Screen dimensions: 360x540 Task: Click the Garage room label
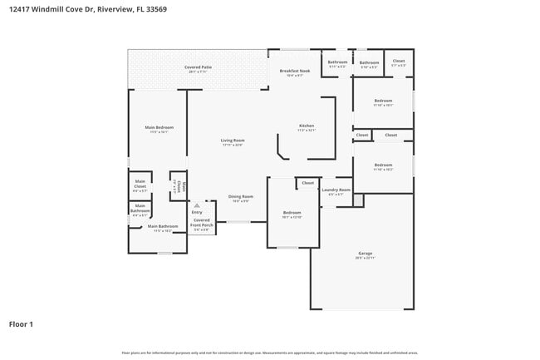click(365, 253)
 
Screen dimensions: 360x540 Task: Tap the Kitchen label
click(307, 126)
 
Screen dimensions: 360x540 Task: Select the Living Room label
click(232, 141)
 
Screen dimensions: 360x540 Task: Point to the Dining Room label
click(240, 196)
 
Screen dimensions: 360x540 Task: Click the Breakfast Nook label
click(295, 72)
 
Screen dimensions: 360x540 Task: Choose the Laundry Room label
click(336, 190)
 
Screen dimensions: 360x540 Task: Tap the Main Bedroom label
click(159, 127)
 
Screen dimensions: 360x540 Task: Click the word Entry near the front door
click(197, 212)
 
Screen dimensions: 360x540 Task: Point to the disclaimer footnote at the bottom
click(269, 353)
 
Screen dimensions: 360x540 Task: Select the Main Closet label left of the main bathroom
click(140, 185)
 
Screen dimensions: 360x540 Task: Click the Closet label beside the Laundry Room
click(307, 183)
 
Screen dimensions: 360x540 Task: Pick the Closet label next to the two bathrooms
click(398, 61)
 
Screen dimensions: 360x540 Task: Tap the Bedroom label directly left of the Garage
click(292, 212)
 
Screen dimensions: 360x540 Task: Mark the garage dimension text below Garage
click(365, 259)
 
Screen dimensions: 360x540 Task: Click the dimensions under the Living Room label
click(232, 145)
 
